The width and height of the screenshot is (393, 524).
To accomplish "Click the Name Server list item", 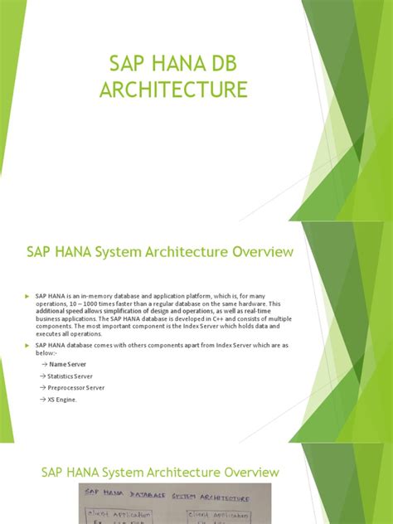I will (68, 364).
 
